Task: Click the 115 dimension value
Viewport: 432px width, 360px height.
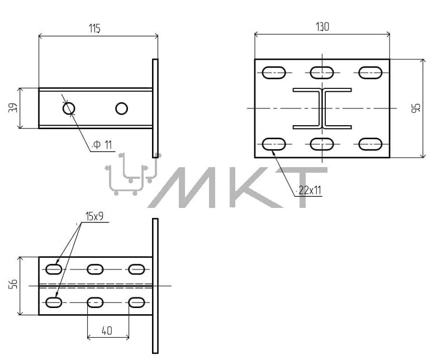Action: pyautogui.click(x=94, y=29)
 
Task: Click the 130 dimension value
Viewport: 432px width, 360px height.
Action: pyautogui.click(x=322, y=27)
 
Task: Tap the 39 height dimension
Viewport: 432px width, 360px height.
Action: pyautogui.click(x=13, y=107)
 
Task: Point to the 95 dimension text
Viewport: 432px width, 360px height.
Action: pyautogui.click(x=416, y=107)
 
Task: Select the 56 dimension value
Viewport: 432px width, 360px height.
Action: pyautogui.click(x=13, y=284)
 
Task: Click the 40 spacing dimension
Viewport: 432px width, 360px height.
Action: pyautogui.click(x=107, y=330)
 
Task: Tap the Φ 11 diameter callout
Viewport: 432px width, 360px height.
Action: pyautogui.click(x=102, y=144)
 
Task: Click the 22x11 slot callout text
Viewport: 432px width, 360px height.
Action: pyautogui.click(x=310, y=190)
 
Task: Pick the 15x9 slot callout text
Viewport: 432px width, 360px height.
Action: pyautogui.click(x=94, y=216)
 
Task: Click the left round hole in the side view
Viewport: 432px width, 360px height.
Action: pyautogui.click(x=69, y=108)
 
